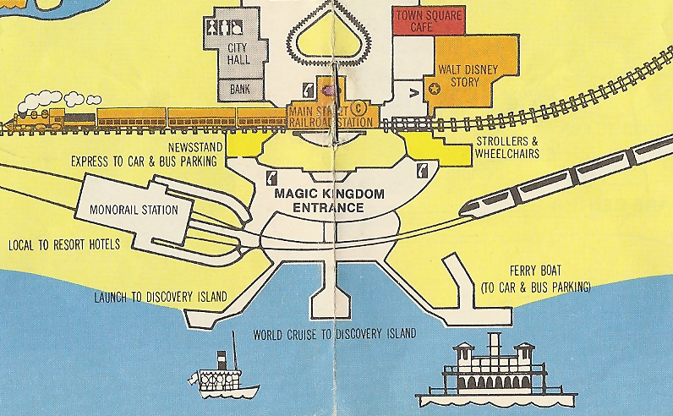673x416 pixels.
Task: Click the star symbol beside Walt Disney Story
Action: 435,87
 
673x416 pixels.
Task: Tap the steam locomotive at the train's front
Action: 37,116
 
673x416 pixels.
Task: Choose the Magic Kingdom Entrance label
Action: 330,200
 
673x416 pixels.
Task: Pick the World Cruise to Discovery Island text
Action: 334,334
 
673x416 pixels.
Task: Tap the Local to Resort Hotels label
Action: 64,244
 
